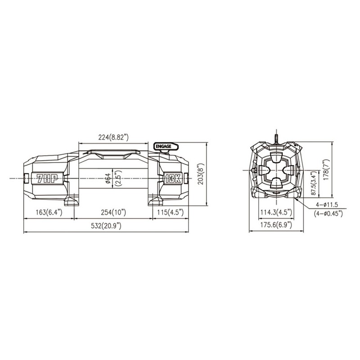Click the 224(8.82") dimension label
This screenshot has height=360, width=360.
pyautogui.click(x=113, y=137)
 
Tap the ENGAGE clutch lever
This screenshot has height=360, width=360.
pyautogui.click(x=166, y=148)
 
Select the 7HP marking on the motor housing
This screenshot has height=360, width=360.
pyautogui.click(x=47, y=178)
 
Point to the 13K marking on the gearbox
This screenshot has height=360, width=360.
pyautogui.click(x=173, y=178)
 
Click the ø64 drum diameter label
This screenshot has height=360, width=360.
pyautogui.click(x=108, y=178)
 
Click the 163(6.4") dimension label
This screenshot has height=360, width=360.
pyautogui.click(x=49, y=212)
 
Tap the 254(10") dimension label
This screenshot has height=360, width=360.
pyautogui.click(x=113, y=212)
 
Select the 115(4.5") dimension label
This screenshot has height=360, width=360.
pyautogui.click(x=171, y=212)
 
